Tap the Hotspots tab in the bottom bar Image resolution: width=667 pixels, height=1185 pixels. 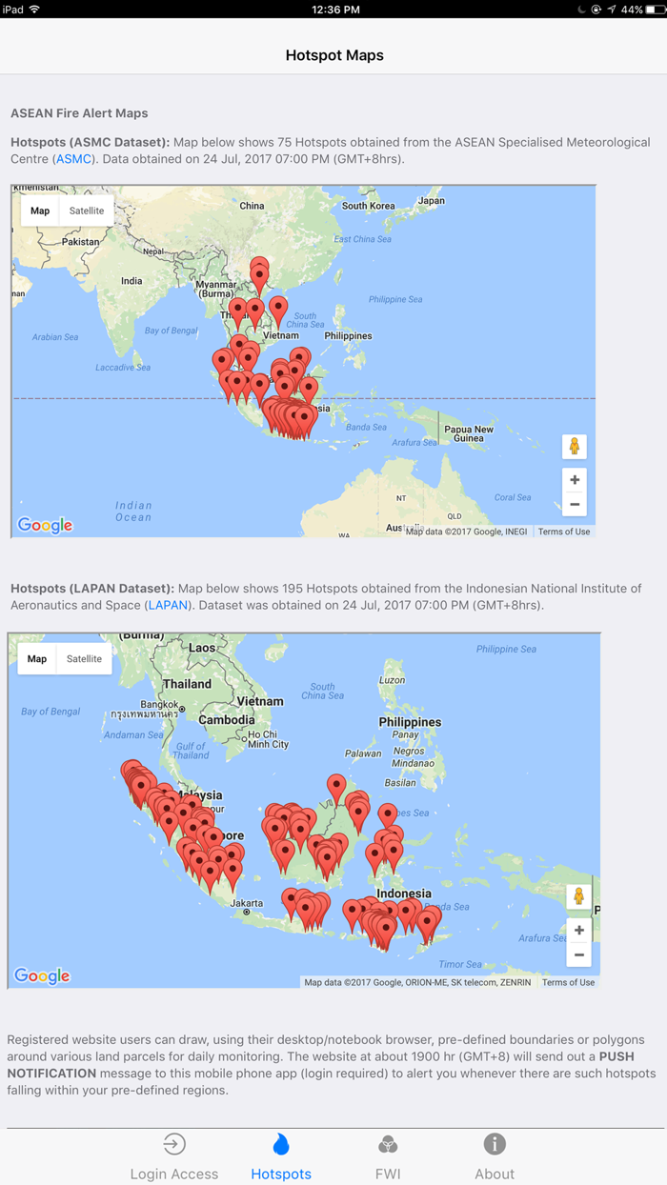tap(281, 1156)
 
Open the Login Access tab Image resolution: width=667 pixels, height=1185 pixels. tap(174, 1156)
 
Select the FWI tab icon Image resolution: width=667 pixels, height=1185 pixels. tap(388, 1144)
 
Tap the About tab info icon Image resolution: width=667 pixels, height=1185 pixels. tap(495, 1144)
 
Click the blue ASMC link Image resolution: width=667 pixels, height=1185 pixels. tap(73, 159)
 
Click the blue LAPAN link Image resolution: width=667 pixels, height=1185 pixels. tap(168, 605)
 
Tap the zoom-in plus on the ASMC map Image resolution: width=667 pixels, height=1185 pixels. tap(575, 480)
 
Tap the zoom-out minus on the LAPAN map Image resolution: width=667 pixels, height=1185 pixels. tap(579, 954)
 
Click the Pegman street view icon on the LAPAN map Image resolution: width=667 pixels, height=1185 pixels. tap(579, 896)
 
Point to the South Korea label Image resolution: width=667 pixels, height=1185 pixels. tap(368, 206)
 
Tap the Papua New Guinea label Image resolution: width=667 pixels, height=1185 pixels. tap(469, 433)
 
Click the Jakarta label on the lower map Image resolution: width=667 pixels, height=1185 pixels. tap(247, 902)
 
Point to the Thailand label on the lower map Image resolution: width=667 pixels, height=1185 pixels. tap(187, 684)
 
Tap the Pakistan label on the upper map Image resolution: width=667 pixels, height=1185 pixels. tap(80, 242)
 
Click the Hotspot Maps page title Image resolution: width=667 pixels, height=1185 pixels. tap(333, 55)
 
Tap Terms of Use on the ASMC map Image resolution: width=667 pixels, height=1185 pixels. tap(564, 532)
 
